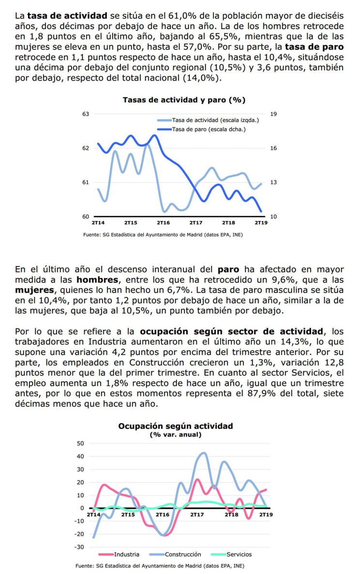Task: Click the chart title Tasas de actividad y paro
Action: [x=184, y=100]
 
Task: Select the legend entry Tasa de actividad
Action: [x=208, y=120]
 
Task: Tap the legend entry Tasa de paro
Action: [x=201, y=129]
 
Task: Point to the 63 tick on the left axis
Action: [x=86, y=114]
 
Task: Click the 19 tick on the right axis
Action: [x=273, y=114]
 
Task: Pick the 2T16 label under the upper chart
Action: [x=164, y=222]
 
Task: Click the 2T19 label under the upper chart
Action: [x=261, y=222]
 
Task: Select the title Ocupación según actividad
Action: [x=176, y=426]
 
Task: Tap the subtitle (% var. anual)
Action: [x=176, y=435]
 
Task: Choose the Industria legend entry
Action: [x=119, y=554]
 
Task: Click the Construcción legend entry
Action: [x=176, y=554]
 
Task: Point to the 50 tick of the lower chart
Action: [x=80, y=443]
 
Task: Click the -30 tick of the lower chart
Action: [x=79, y=547]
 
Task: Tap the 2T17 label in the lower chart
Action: [x=197, y=515]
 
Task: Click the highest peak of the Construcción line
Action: [x=204, y=453]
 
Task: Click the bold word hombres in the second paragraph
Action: [x=97, y=280]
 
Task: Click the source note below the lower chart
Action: [x=160, y=566]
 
